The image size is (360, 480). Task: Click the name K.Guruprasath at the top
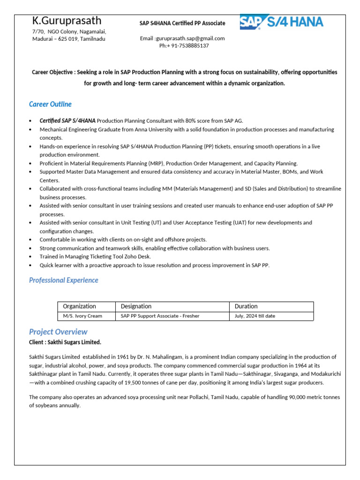[67, 21]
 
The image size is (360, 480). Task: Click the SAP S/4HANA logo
[281, 22]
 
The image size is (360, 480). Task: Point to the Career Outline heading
[50, 104]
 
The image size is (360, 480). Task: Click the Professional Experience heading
[64, 280]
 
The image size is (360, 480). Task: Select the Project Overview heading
[58, 332]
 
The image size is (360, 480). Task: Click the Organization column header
[79, 307]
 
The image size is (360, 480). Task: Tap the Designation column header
[136, 307]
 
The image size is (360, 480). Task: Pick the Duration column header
[246, 307]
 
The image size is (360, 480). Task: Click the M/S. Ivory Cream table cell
[82, 316]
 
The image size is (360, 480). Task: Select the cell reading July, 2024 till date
[255, 316]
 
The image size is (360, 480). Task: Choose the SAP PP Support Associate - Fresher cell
[160, 316]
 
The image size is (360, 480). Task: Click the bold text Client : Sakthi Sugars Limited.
[65, 342]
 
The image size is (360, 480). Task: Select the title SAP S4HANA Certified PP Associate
[182, 23]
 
